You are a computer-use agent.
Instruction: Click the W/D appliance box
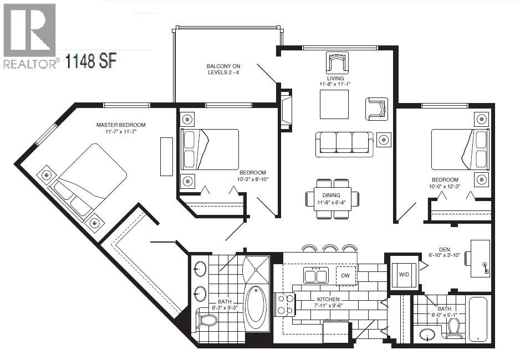point(404,272)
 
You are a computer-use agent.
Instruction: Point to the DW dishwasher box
point(345,275)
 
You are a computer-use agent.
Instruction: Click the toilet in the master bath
point(208,320)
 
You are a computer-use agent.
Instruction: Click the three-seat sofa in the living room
point(344,143)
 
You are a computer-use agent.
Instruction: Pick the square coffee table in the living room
point(334,104)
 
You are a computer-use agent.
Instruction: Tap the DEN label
point(443,249)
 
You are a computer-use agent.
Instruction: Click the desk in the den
point(480,258)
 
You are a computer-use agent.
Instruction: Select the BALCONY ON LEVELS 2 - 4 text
point(223,69)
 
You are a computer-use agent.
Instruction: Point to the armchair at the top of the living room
point(337,63)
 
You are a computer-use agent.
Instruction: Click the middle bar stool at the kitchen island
point(330,248)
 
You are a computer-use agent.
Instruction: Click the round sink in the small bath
point(427,335)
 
